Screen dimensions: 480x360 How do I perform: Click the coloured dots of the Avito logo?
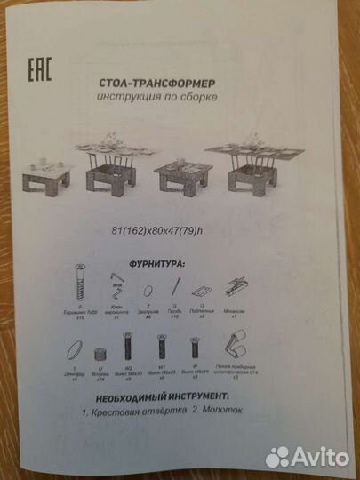(278, 456)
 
